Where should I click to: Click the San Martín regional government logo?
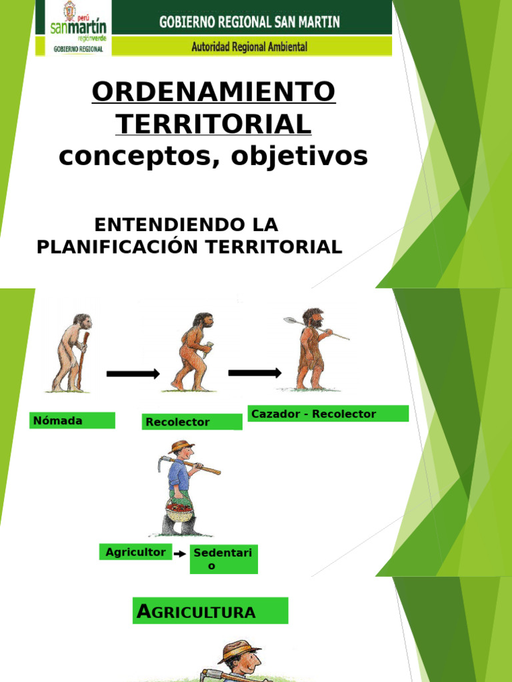click(78, 27)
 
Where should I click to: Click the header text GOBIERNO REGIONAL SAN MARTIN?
click(249, 22)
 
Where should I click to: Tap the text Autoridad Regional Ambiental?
click(249, 47)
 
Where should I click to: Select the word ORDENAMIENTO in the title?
click(214, 91)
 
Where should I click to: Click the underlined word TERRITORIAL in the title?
click(213, 124)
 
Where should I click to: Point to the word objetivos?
click(299, 156)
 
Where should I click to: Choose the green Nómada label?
click(72, 421)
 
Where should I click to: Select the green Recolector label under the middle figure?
click(192, 422)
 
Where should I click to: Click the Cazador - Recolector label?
click(328, 414)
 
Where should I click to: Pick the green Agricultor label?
click(136, 552)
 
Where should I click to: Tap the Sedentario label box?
click(224, 559)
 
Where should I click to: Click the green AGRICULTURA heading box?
click(210, 611)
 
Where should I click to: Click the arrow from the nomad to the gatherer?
click(133, 374)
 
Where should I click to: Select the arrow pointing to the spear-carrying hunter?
click(255, 373)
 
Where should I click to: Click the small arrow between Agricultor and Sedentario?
click(180, 553)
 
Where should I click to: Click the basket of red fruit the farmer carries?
click(179, 511)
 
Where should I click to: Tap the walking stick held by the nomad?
click(82, 360)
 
